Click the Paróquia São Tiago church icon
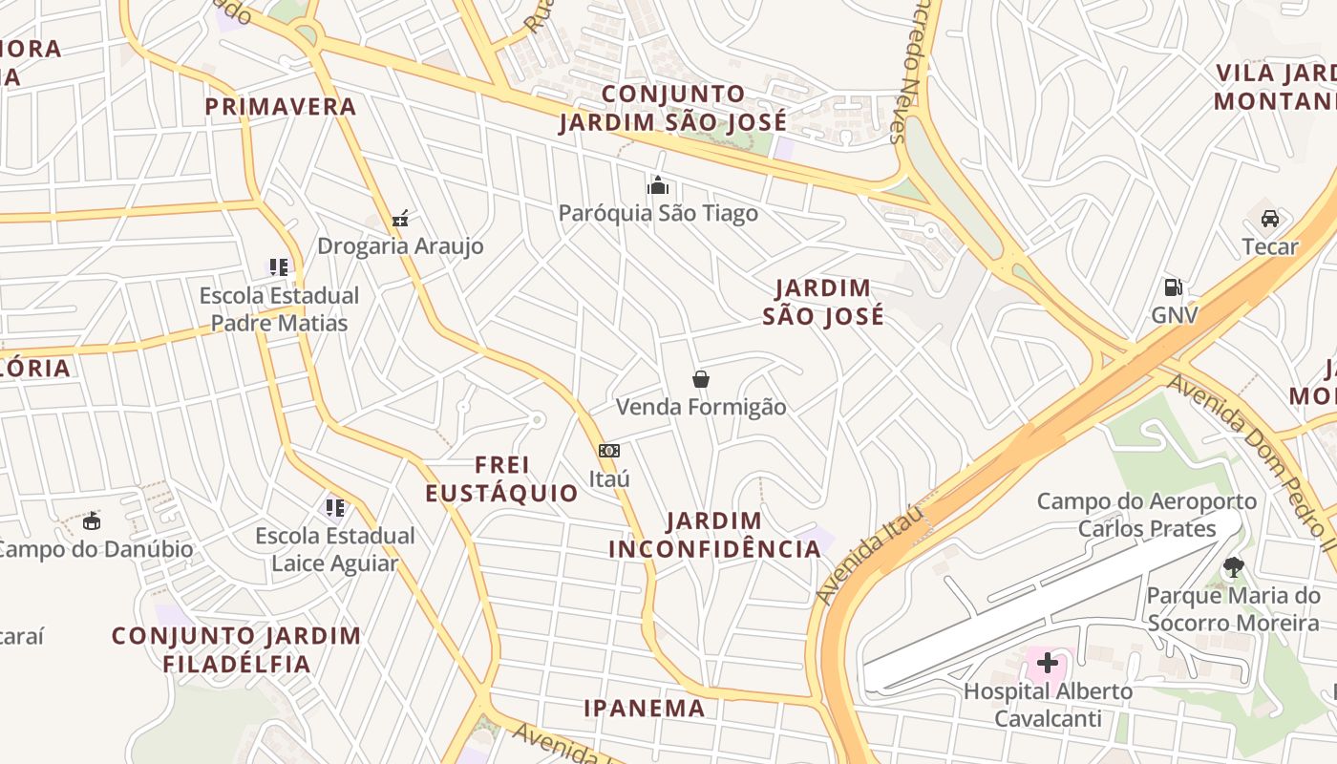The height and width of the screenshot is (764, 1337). (x=658, y=185)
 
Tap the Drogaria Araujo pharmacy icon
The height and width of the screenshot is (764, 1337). (x=401, y=219)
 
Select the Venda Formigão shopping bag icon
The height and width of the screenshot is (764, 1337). (x=701, y=379)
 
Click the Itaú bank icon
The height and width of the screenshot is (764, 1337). (x=609, y=451)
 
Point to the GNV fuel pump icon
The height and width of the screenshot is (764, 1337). (x=1173, y=287)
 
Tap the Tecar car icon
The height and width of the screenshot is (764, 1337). (x=1270, y=219)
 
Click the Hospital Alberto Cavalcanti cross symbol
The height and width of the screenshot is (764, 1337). (x=1048, y=662)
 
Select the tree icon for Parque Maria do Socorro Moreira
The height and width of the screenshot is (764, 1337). (x=1233, y=567)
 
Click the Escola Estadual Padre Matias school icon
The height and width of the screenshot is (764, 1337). (x=279, y=267)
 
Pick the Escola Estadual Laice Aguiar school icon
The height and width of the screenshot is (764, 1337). (x=334, y=507)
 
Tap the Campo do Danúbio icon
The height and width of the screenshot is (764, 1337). (x=92, y=521)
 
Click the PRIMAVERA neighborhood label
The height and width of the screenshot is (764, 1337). (x=281, y=107)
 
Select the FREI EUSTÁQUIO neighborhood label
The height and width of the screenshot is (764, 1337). (x=501, y=479)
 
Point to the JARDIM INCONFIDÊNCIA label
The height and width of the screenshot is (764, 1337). (x=714, y=535)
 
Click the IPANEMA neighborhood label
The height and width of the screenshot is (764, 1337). (x=645, y=708)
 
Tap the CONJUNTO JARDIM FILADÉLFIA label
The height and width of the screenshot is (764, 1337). (x=237, y=649)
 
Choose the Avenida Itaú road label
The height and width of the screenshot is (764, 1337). (x=870, y=554)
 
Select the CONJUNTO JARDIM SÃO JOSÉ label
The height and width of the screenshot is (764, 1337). (x=673, y=108)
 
